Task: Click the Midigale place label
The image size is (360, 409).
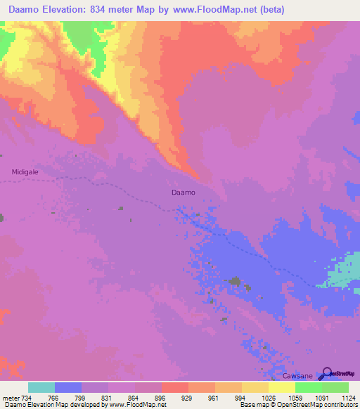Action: click(x=25, y=171)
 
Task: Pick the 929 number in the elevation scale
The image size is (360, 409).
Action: click(x=188, y=397)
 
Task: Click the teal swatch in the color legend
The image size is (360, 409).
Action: click(x=41, y=387)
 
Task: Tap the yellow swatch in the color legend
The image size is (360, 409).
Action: click(x=282, y=387)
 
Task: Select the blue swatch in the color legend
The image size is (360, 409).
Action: click(x=68, y=387)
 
